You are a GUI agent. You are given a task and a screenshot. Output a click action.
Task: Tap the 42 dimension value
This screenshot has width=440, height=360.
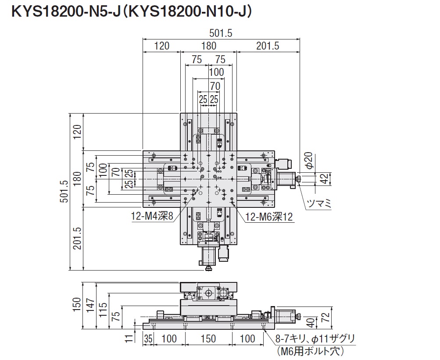click(x=324, y=178)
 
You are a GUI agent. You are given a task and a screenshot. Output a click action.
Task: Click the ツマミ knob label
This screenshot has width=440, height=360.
click(x=318, y=203)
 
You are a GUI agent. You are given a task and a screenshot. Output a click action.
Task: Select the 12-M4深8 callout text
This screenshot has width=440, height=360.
click(x=152, y=216)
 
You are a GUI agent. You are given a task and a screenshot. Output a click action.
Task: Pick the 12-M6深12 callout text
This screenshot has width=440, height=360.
click(x=269, y=216)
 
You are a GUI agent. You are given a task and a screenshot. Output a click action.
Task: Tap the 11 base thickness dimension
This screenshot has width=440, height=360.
click(x=128, y=339)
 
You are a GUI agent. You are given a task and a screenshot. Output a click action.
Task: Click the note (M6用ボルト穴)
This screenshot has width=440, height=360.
click(x=310, y=351)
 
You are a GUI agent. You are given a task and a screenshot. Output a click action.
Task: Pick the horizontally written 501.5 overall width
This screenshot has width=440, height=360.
click(x=221, y=33)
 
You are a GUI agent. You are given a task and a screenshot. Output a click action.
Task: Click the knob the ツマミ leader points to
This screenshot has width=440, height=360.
click(x=298, y=178)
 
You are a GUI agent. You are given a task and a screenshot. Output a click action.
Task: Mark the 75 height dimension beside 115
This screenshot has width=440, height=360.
click(x=115, y=317)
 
